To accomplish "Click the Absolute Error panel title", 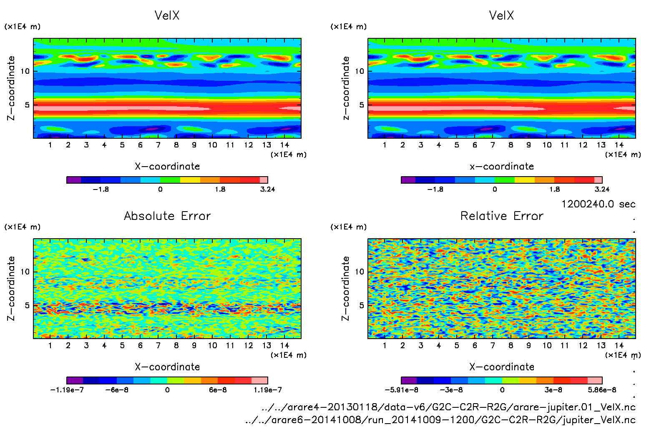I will click(x=167, y=216).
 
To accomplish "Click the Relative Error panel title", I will click(x=502, y=216).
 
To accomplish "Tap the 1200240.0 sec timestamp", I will click(x=598, y=204).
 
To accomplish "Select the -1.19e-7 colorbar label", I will click(x=67, y=390).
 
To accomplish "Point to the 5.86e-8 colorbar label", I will click(x=602, y=390).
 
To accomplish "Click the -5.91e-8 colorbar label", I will click(x=401, y=390).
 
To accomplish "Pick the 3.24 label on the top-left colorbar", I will click(x=267, y=189).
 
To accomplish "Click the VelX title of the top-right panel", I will click(x=501, y=15).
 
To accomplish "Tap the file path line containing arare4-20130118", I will click(x=448, y=407).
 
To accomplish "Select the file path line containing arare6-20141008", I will click(x=440, y=420).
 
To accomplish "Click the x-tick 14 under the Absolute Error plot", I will click(x=284, y=345).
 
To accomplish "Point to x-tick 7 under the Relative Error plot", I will click(x=493, y=345).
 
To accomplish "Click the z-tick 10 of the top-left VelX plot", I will click(x=25, y=71).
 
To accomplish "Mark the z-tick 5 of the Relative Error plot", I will click(x=362, y=305).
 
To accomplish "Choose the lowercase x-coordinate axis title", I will click(x=502, y=166).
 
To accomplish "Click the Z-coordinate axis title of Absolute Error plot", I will click(x=11, y=288).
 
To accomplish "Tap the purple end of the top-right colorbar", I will click(x=408, y=180).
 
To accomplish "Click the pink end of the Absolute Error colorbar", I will click(x=259, y=380).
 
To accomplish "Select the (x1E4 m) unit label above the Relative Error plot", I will click(x=348, y=227).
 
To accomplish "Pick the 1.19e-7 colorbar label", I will click(x=267, y=390).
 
